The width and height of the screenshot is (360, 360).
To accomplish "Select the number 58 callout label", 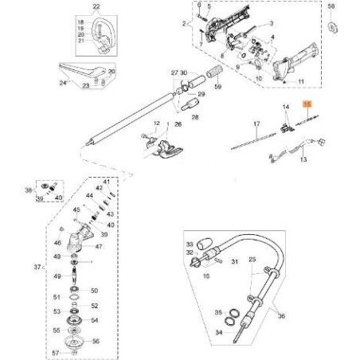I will click(x=332, y=6).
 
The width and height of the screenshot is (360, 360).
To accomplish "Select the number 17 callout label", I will click(x=256, y=124).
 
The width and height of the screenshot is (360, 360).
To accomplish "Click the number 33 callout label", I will click(x=190, y=243).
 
